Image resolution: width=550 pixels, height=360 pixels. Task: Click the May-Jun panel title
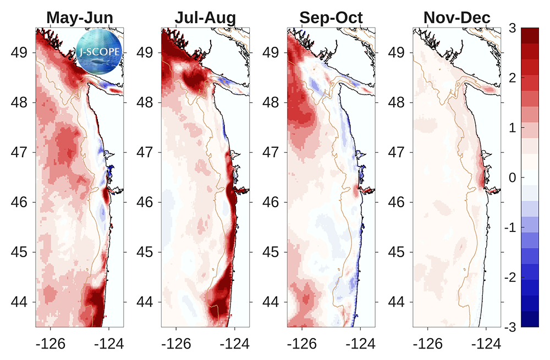click(x=80, y=18)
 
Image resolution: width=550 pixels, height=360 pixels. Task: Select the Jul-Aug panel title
click(x=205, y=18)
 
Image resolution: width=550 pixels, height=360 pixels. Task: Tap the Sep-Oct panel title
click(x=331, y=18)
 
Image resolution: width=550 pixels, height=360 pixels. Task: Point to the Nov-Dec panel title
click(x=457, y=18)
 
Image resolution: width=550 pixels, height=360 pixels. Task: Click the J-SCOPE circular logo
click(x=99, y=52)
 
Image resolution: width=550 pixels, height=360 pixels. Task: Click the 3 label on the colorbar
click(x=512, y=28)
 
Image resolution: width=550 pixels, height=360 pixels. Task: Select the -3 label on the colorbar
click(x=510, y=328)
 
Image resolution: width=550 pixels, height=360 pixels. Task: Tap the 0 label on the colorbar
click(x=513, y=178)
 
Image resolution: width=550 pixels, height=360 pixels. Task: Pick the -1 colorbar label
click(x=510, y=228)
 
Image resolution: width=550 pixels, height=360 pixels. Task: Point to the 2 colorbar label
click(x=513, y=78)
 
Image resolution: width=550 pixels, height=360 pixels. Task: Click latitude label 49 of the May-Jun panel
click(x=19, y=53)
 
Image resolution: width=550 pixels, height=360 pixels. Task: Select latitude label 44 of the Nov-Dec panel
click(x=397, y=302)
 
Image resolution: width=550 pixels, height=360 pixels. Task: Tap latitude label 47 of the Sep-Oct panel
click(x=271, y=152)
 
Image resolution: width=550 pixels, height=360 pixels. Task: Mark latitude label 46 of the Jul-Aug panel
click(x=145, y=202)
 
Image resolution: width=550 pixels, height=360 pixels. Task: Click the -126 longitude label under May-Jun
click(x=51, y=344)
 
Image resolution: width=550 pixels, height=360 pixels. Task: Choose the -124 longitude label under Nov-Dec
click(x=486, y=344)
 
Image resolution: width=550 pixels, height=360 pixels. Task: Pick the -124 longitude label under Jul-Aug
click(x=234, y=344)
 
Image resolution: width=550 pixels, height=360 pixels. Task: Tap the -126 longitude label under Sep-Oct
click(x=301, y=344)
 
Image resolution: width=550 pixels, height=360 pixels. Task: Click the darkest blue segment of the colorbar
click(x=530, y=319)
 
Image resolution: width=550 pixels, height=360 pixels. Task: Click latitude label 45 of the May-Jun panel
click(x=19, y=252)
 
